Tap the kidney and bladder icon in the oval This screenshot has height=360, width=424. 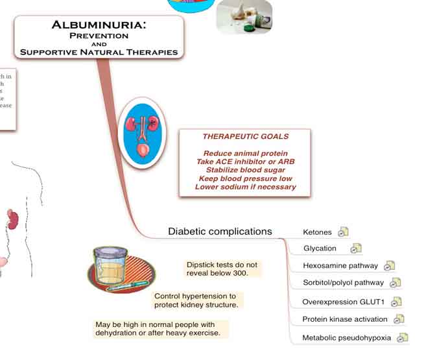(x=141, y=132)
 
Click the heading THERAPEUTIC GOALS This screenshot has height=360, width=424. (x=246, y=137)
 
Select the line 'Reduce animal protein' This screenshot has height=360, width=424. (x=246, y=154)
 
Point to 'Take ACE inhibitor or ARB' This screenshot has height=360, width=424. (x=246, y=162)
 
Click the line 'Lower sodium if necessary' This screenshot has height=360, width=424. (x=246, y=187)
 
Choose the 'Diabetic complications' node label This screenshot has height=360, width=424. (x=220, y=232)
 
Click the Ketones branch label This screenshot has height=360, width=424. (x=317, y=232)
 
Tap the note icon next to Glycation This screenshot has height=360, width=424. (x=356, y=248)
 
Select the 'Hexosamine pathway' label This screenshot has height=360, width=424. (x=340, y=265)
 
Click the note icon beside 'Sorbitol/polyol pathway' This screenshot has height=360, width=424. (x=395, y=282)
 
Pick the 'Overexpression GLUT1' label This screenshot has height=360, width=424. (x=344, y=302)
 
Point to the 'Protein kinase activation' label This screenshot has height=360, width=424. (x=345, y=319)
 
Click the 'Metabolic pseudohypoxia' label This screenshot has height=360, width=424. (x=347, y=338)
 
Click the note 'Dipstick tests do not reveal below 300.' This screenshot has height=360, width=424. (x=222, y=269)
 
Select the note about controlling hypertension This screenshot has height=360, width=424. (x=196, y=300)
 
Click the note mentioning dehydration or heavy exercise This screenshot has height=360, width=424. (x=158, y=329)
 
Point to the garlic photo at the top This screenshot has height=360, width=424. (x=244, y=16)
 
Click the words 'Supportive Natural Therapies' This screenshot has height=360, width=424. (x=99, y=52)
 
